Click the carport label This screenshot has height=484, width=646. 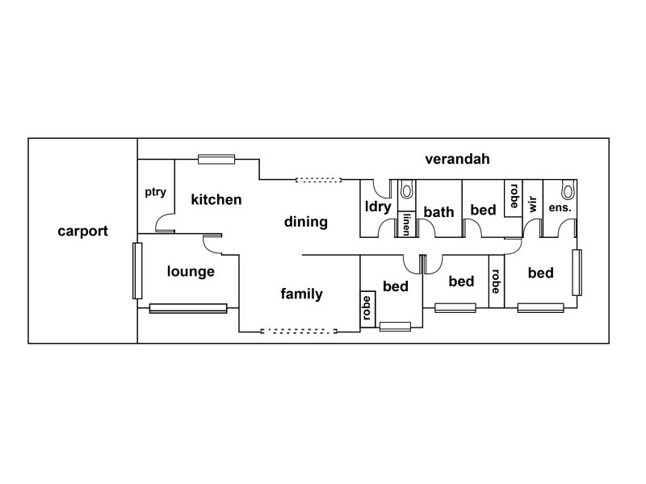pyautogui.click(x=82, y=232)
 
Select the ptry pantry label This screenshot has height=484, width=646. pyautogui.click(x=155, y=192)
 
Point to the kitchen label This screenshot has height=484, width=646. pyautogui.click(x=216, y=199)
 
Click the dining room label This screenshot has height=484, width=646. pyautogui.click(x=305, y=222)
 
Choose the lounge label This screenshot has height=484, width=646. pyautogui.click(x=191, y=271)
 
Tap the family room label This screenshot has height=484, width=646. pyautogui.click(x=301, y=294)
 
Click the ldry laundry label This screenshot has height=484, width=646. pyautogui.click(x=378, y=207)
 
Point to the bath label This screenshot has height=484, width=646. pyautogui.click(x=439, y=212)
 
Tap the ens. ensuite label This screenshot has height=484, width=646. pyautogui.click(x=560, y=207)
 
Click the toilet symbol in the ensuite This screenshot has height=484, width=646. pyautogui.click(x=568, y=190)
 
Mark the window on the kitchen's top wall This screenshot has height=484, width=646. pyautogui.click(x=216, y=159)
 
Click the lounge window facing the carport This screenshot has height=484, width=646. pyautogui.click(x=137, y=270)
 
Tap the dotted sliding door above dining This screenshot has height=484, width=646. pyautogui.click(x=319, y=180)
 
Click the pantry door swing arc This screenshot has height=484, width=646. pyautogui.click(x=164, y=219)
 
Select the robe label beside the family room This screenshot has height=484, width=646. pyautogui.click(x=367, y=307)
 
